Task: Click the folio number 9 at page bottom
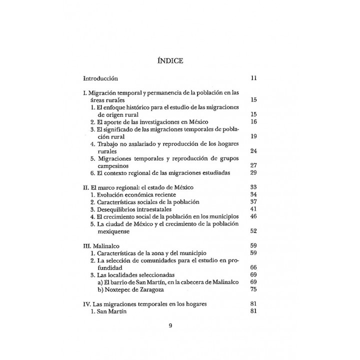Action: click(x=170, y=326)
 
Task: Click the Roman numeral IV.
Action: click(x=86, y=304)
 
